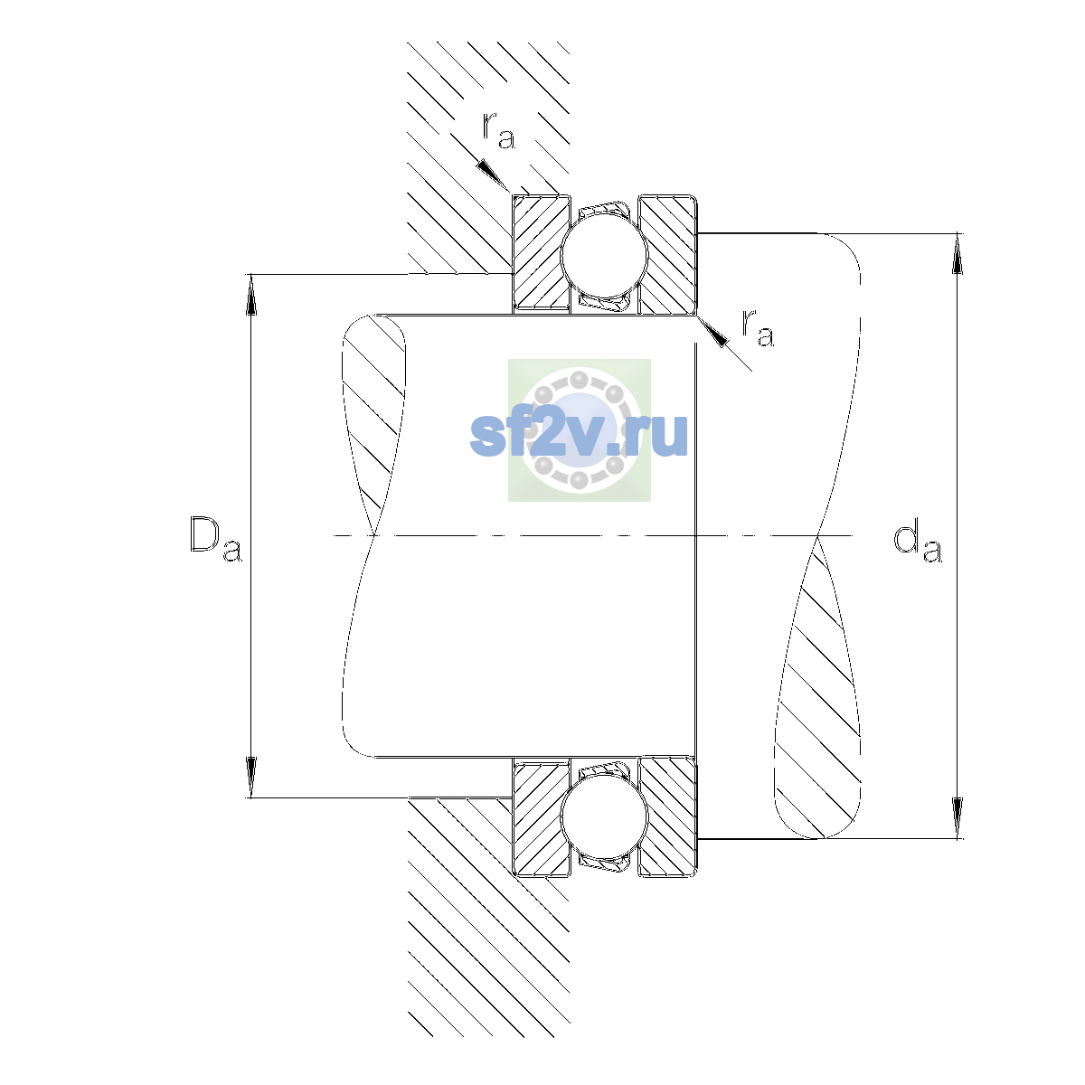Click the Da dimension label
(x=216, y=538)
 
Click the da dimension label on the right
(x=917, y=544)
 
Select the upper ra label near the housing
(x=498, y=130)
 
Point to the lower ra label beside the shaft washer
(x=758, y=327)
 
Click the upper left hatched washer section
(x=541, y=254)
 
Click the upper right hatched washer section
(x=668, y=254)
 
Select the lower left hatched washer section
(x=541, y=816)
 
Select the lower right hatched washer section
(x=668, y=816)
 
